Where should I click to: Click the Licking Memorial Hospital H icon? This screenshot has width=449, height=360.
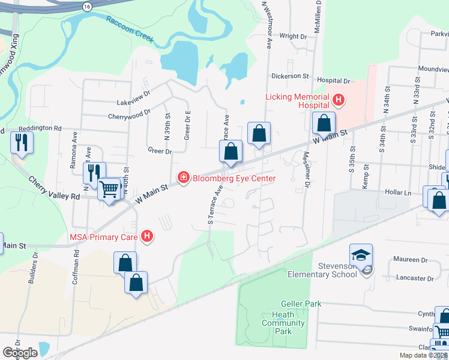pyautogui.click(x=339, y=100)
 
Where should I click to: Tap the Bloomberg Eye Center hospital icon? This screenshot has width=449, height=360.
pyautogui.click(x=183, y=178)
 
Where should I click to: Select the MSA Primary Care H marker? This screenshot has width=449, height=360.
pyautogui.click(x=147, y=237)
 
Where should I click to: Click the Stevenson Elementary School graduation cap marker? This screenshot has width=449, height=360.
pyautogui.click(x=361, y=256)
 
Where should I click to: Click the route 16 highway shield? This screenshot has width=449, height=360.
pyautogui.click(x=88, y=5)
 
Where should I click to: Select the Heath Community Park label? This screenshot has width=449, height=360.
pyautogui.click(x=283, y=323)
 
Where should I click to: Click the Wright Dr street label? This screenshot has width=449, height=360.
pyautogui.click(x=293, y=37)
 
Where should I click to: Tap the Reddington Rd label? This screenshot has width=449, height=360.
pyautogui.click(x=40, y=128)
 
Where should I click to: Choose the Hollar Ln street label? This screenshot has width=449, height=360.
pyautogui.click(x=399, y=193)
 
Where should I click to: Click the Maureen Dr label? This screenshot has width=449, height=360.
pyautogui.click(x=411, y=260)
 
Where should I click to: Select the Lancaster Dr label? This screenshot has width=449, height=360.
pyautogui.click(x=414, y=278)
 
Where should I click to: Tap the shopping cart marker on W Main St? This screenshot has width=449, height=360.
pyautogui.click(x=109, y=189)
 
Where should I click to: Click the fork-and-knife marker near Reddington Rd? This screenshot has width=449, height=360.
pyautogui.click(x=22, y=143)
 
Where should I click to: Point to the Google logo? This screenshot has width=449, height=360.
pyautogui.click(x=20, y=353)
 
